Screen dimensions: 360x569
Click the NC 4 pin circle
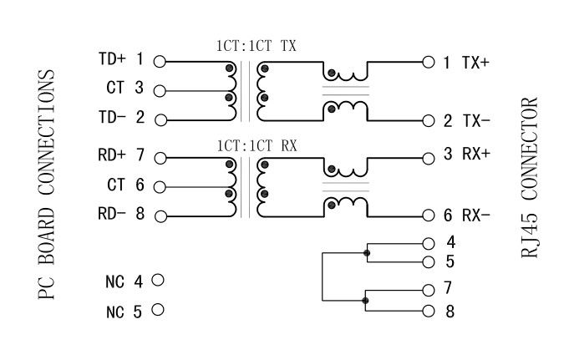157,280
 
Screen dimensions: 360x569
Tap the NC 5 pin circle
157,312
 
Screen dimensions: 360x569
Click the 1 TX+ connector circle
429,61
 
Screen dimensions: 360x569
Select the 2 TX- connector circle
429,119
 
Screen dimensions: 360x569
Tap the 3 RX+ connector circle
429,156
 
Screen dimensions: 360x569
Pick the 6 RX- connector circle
429,215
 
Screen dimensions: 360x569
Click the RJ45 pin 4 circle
429,243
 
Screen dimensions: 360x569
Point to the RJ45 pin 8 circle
429,312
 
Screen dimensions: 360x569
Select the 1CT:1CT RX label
255,143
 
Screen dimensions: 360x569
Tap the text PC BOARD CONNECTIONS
47,184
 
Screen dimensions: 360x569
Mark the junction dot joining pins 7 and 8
366,301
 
